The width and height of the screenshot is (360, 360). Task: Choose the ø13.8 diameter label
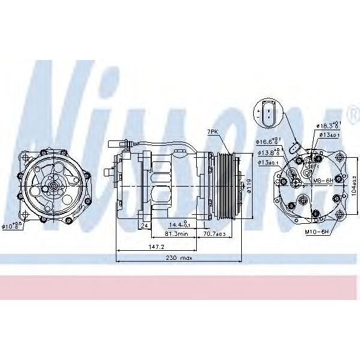(x=269, y=152)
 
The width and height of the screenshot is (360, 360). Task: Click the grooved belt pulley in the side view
(x=226, y=183)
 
